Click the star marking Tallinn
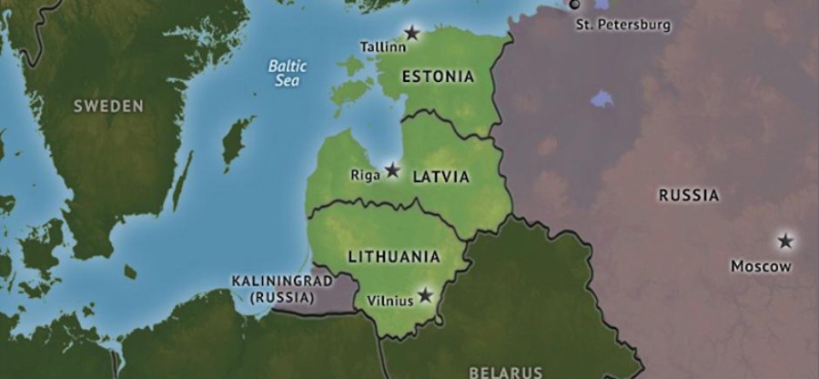(411, 33)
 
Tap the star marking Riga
(392, 169)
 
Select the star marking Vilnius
(423, 296)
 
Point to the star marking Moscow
(784, 241)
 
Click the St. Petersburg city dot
(574, 4)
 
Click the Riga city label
(364, 173)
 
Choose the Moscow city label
(761, 267)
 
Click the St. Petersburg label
(622, 26)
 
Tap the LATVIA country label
(441, 176)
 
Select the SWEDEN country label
(108, 107)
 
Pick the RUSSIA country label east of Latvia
(688, 195)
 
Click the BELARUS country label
(505, 371)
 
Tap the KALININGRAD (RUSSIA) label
(272, 288)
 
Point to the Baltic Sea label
(288, 72)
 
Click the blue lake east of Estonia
(601, 98)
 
